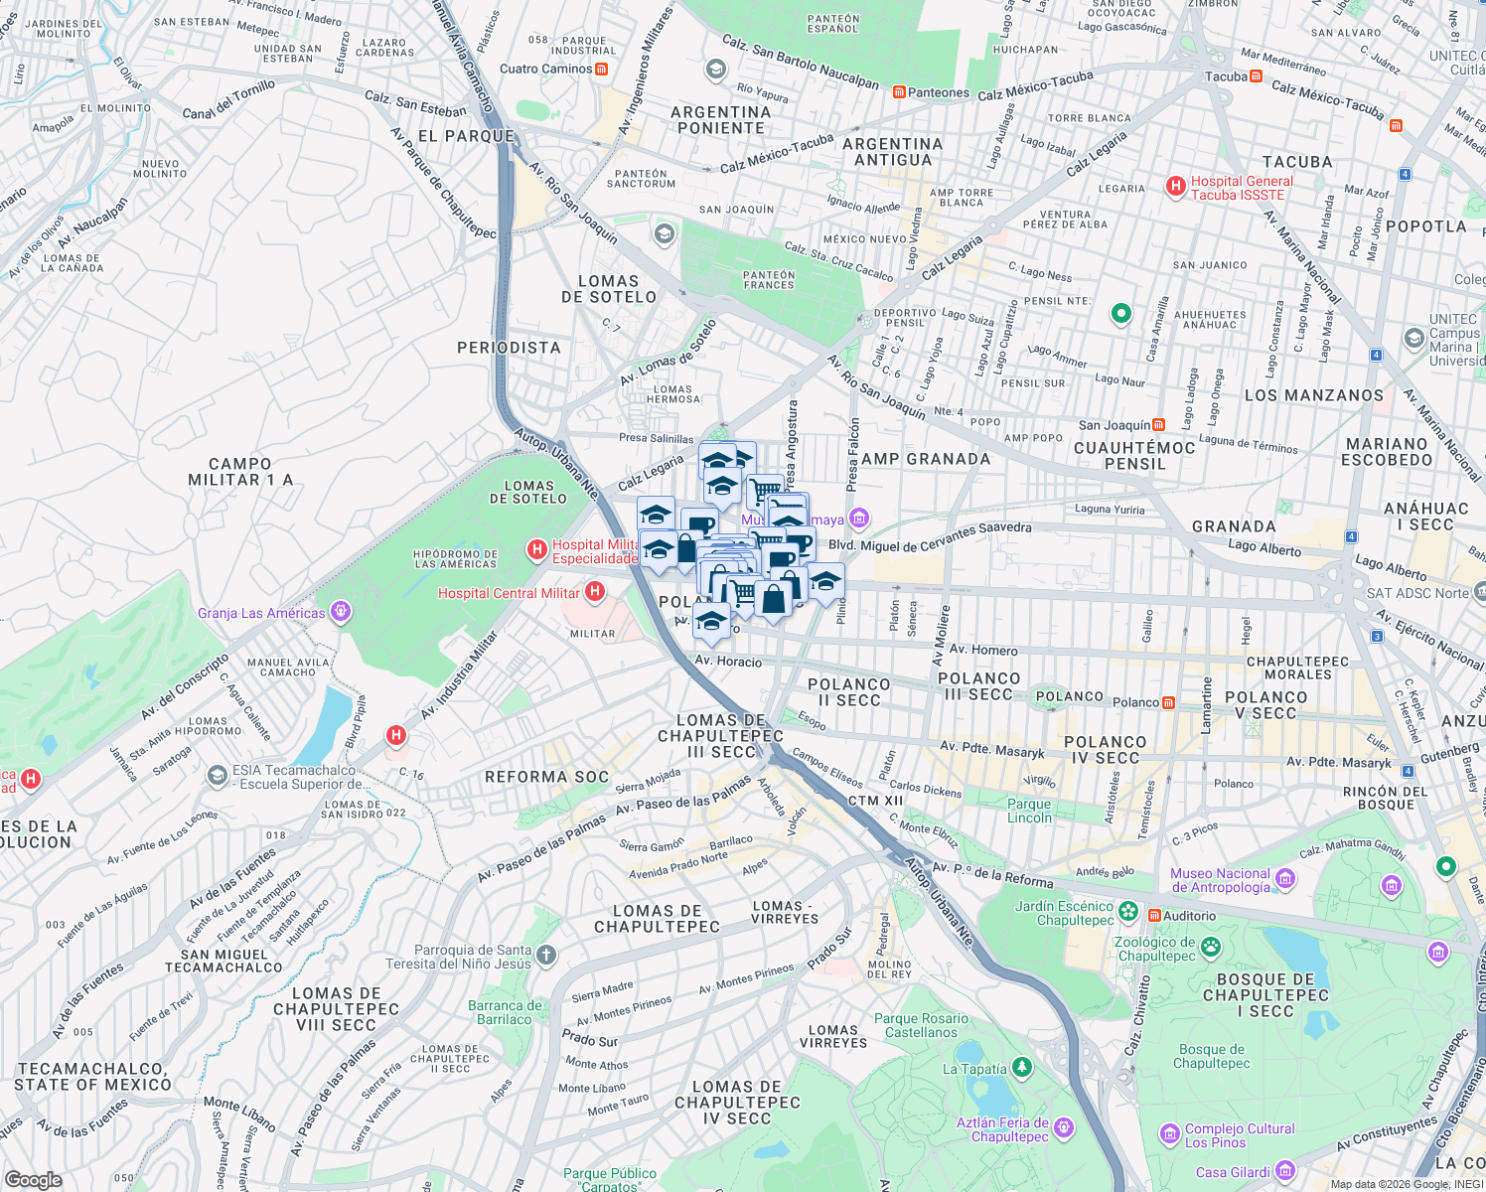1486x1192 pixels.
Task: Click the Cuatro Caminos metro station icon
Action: point(601,69)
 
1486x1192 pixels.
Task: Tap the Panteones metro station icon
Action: point(899,92)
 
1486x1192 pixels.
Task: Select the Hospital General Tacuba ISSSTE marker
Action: point(1175,186)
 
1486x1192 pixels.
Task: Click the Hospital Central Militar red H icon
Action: point(595,593)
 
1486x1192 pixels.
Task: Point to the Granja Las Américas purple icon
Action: point(341,612)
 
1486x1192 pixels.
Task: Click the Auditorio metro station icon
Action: point(1154,916)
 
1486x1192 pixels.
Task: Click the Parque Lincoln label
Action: point(1029,811)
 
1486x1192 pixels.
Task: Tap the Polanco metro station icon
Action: point(1169,702)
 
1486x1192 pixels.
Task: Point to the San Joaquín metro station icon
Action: point(1159,425)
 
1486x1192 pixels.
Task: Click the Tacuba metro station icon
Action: point(1257,76)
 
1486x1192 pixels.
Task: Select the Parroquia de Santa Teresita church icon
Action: point(546,957)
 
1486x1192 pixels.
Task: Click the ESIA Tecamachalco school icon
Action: point(217,776)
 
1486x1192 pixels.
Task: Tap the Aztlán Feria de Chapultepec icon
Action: point(1064,1127)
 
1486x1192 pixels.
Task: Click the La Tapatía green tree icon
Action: point(1022,1068)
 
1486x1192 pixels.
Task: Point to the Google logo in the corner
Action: point(34,1179)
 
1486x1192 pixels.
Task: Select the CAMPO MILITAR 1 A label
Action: point(240,472)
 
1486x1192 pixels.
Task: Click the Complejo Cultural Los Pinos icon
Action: point(1169,1133)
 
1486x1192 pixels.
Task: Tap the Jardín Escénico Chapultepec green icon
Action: point(1127,911)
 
